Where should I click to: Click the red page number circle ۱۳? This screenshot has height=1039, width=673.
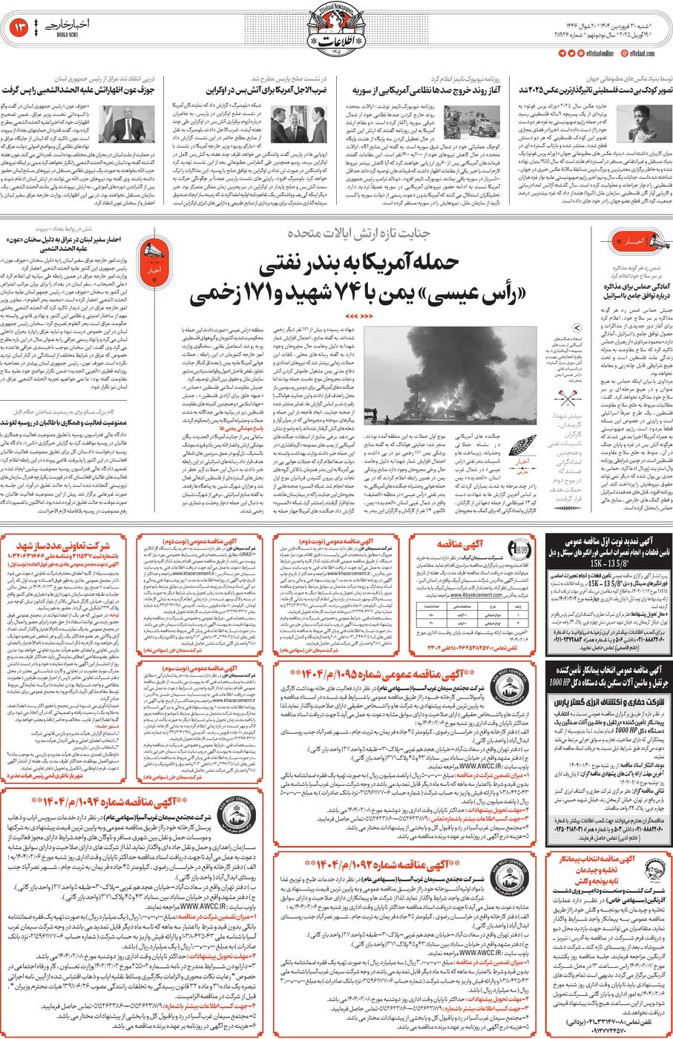19,28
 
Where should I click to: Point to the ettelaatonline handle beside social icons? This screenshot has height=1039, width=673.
600,53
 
